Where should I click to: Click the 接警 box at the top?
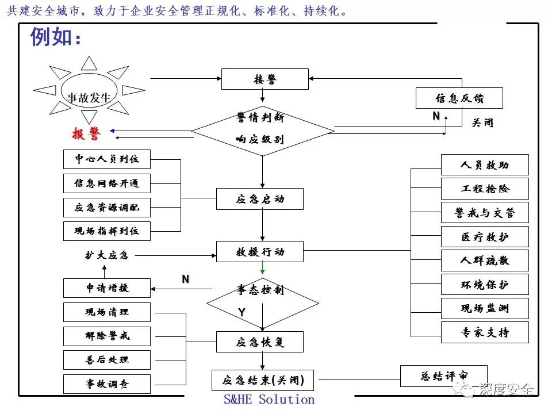pos(264,79)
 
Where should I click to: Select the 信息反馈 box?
pos(459,98)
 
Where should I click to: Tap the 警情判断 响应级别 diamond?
pos(262,129)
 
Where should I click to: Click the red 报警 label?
pos(86,134)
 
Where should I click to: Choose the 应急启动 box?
pos(259,199)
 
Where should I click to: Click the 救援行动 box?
pos(259,251)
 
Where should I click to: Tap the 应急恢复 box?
pos(259,342)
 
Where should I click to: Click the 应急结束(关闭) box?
pos(263,380)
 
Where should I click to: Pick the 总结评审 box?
pos(443,376)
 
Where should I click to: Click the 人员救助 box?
pos(485,165)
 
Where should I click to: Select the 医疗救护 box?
pos(485,237)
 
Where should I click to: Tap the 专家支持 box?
pos(485,332)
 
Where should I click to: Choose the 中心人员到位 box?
pos(106,159)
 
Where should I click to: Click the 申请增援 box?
pos(106,288)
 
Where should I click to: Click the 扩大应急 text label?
pos(106,255)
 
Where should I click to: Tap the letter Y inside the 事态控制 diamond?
pos(242,312)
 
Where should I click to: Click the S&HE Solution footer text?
pos(269,400)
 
